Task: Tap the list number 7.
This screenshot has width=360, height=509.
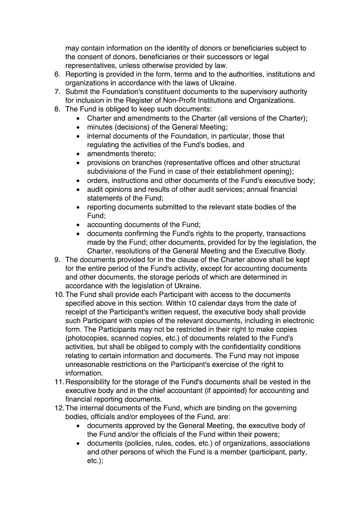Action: [x=57, y=92]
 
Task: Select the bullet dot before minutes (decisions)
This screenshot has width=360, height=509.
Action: [x=78, y=128]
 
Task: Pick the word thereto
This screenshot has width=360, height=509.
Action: [x=142, y=154]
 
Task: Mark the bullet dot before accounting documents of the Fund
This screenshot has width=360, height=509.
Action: [x=78, y=225]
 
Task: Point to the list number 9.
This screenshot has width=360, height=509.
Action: [x=57, y=260]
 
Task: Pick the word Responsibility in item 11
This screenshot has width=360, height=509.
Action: [x=90, y=382]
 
